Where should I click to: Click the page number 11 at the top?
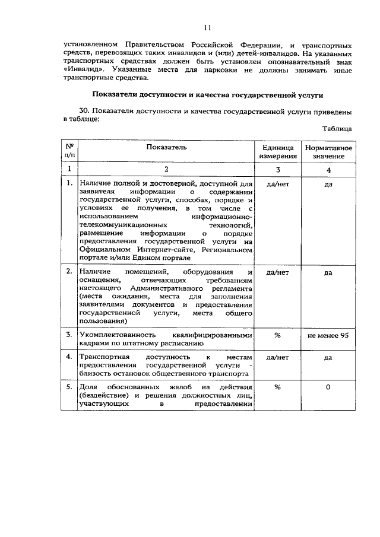click(207, 27)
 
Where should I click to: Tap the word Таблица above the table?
click(337, 128)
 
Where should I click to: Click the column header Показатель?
click(167, 147)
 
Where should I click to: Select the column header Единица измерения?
click(277, 151)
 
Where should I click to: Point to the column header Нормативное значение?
click(328, 151)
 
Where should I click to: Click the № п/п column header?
click(69, 151)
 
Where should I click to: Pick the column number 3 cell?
click(277, 170)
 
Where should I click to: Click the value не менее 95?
click(328, 335)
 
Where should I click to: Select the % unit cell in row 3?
click(277, 335)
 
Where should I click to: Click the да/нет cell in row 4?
click(277, 358)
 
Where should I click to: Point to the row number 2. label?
click(69, 272)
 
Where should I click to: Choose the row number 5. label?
click(69, 387)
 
